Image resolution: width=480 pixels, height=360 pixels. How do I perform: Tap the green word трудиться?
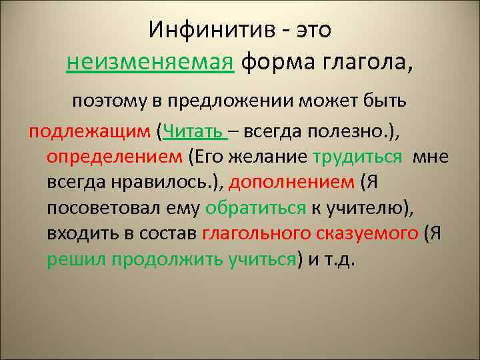point(357,157)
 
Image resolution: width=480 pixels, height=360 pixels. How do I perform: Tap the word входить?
point(81,233)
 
